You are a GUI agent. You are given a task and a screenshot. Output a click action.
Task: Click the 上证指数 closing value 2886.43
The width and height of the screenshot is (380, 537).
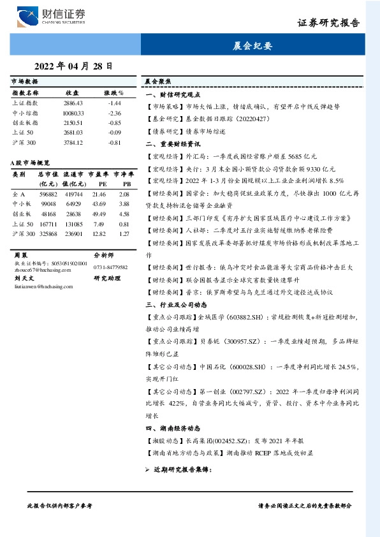73,103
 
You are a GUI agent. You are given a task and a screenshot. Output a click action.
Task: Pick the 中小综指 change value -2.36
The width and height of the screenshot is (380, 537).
114,113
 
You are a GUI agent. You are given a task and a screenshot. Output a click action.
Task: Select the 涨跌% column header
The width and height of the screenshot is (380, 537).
113,92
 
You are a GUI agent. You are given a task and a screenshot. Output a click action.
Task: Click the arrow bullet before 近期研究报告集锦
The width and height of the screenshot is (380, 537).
147,469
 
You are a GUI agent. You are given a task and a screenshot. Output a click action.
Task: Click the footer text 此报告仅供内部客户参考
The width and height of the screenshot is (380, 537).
59,505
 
